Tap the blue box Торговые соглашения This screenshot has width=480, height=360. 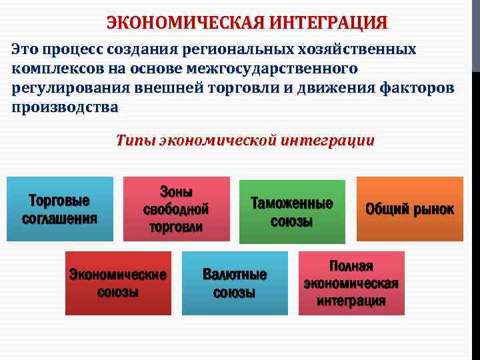click(x=59, y=209)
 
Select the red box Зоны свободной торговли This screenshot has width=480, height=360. click(x=176, y=209)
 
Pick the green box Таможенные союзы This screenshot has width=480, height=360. click(x=292, y=211)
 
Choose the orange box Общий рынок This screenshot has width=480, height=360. click(x=409, y=209)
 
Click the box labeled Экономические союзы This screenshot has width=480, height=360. click(x=118, y=283)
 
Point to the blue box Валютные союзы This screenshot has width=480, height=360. click(x=235, y=283)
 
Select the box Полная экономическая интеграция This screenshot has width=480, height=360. click(x=351, y=283)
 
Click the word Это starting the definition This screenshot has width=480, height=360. click(x=25, y=49)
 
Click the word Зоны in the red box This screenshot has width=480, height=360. click(x=176, y=192)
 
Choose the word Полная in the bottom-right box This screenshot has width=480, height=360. click(x=351, y=266)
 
